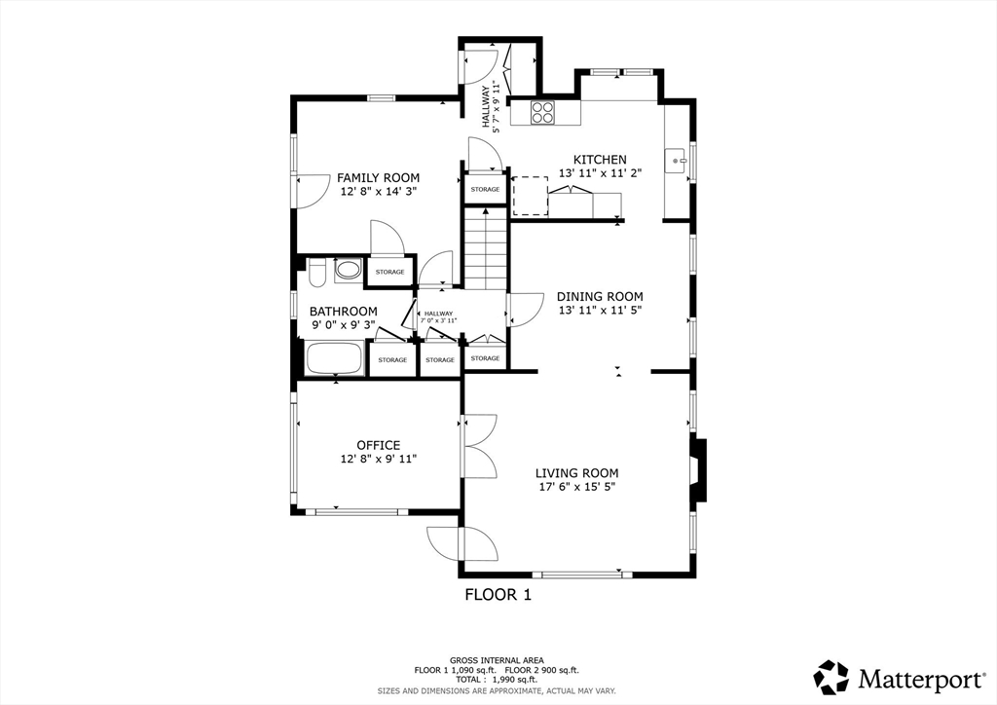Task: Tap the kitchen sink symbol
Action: point(676,161)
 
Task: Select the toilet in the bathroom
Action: point(316,273)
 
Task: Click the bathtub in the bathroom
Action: point(335,358)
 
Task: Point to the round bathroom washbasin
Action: point(348,269)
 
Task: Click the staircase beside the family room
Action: point(486,249)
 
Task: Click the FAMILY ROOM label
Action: point(379,178)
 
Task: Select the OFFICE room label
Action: point(379,446)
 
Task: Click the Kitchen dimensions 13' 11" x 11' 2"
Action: point(600,173)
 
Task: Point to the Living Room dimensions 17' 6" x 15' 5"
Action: point(576,487)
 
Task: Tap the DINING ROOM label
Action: point(600,296)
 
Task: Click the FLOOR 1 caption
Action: point(498,595)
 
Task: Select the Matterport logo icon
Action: point(831,678)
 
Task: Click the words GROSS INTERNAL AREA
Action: point(497,660)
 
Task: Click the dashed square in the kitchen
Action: point(531,197)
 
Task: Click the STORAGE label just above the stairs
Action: point(485,190)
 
